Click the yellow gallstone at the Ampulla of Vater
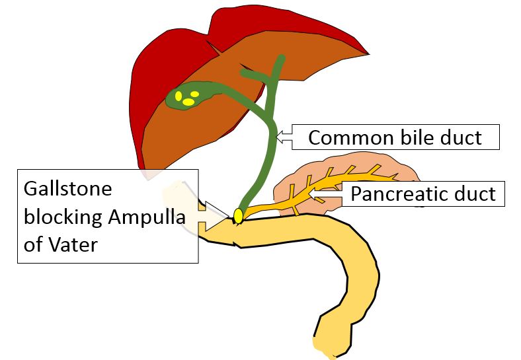(x=238, y=215)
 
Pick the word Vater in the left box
(x=75, y=245)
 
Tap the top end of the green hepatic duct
(x=281, y=59)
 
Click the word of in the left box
(x=32, y=245)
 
